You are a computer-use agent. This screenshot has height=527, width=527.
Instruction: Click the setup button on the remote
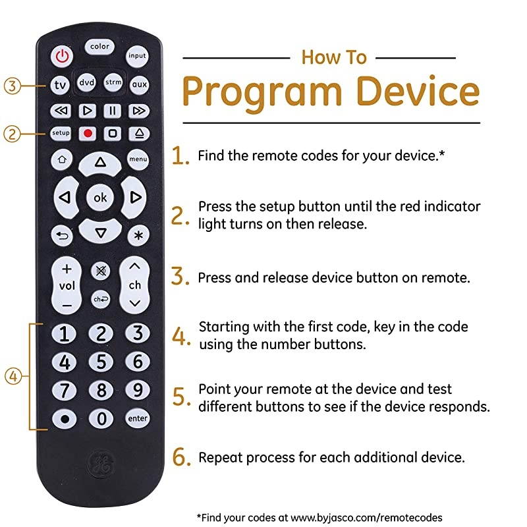pos(61,133)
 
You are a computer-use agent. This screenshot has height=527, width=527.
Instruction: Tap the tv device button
pos(61,85)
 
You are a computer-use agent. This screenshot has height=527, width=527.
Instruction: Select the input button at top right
pos(138,56)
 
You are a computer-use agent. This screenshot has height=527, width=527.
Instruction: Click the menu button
pos(138,159)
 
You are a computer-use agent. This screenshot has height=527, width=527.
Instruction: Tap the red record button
pos(87,133)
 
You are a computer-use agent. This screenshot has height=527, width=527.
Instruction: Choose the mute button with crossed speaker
pos(101,270)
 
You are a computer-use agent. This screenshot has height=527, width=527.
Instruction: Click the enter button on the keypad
pos(138,418)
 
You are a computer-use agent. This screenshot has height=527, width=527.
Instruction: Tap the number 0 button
pos(101,418)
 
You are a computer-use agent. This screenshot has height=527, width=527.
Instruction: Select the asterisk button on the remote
pos(138,235)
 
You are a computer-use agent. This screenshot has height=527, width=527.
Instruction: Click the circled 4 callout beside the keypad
pos(14,377)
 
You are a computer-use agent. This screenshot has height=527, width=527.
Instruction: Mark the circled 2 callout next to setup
pos(12,133)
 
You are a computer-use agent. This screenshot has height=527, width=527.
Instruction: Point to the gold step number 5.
pos(181,397)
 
